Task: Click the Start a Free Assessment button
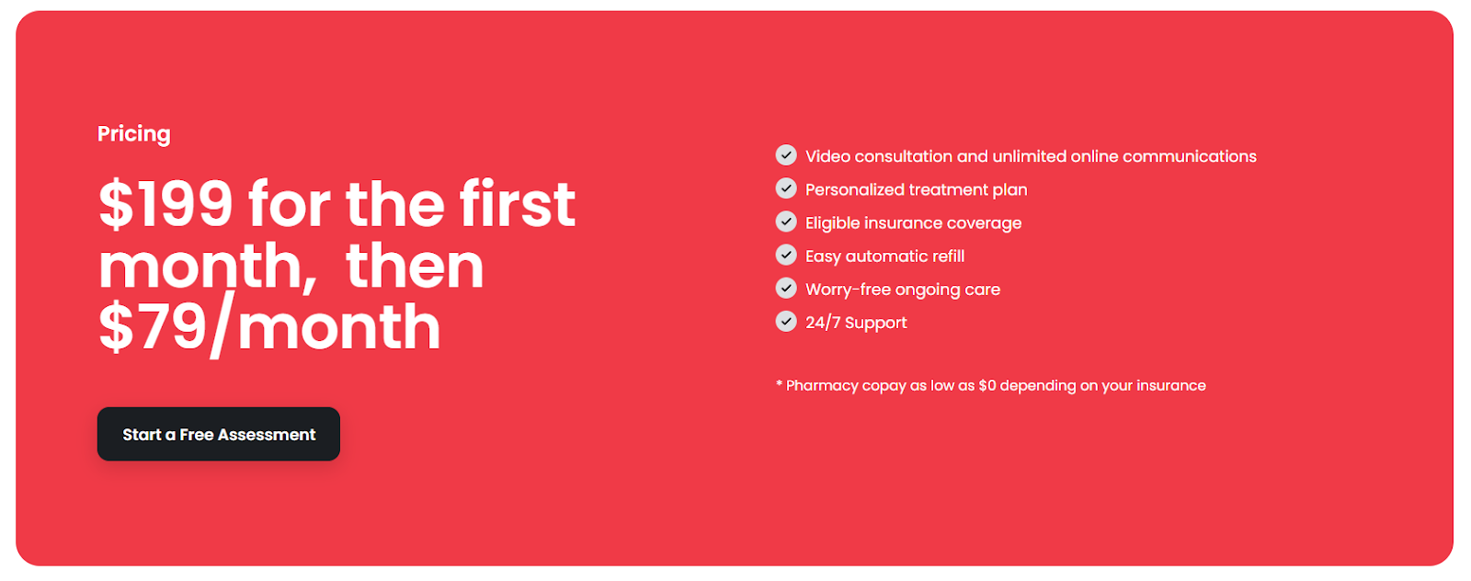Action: tap(219, 434)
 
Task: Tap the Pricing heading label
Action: tap(134, 134)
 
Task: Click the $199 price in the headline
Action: tap(166, 204)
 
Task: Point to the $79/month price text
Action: tap(269, 328)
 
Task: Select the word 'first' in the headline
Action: tap(518, 204)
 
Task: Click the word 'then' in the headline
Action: tap(415, 267)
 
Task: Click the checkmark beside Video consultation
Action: tap(786, 155)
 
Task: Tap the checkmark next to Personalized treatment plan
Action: tap(786, 188)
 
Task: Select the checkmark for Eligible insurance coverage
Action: tap(786, 222)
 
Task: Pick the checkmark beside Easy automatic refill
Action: tap(786, 255)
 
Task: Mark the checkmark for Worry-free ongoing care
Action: tap(786, 288)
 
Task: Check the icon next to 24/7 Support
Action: tap(786, 321)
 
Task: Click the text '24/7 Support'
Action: tap(856, 323)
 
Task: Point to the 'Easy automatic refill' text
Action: tap(884, 256)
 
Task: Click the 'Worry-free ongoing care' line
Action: tap(903, 290)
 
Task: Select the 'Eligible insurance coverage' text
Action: tap(913, 223)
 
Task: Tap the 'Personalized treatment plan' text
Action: tap(916, 190)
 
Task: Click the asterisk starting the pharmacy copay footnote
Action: tap(780, 384)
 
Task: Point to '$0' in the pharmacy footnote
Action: tap(987, 386)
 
